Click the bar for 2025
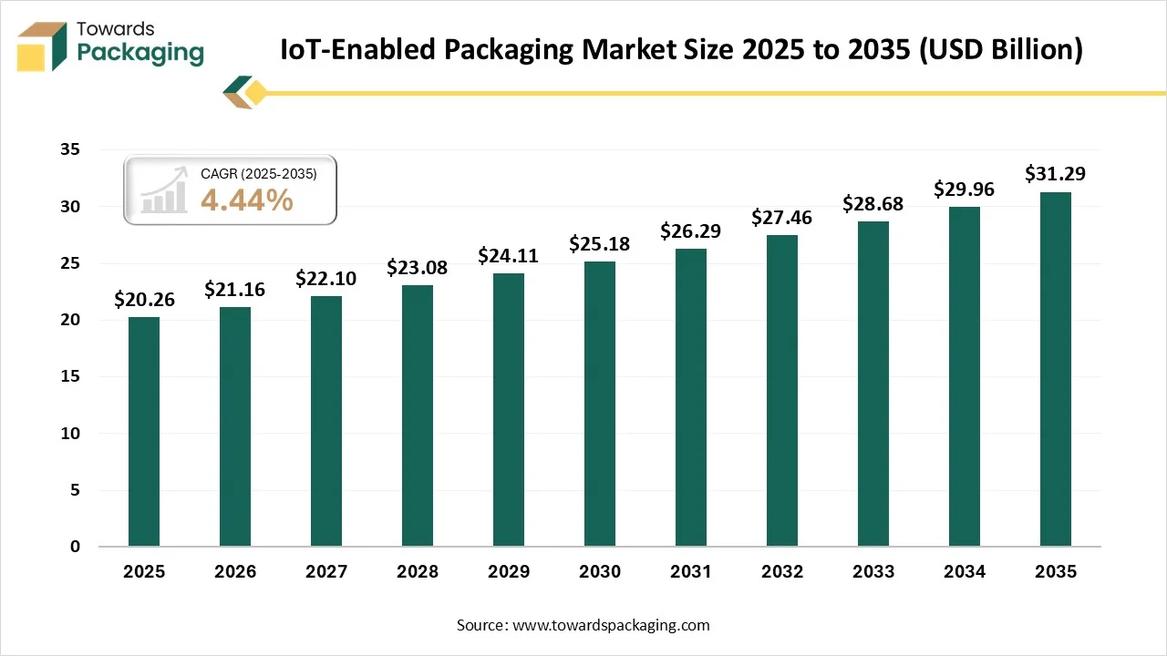(x=144, y=432)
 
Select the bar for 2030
(x=600, y=405)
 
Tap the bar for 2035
(x=1056, y=369)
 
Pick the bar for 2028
(x=418, y=415)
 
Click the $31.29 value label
(x=1055, y=173)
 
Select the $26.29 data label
(x=690, y=231)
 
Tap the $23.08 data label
(x=417, y=267)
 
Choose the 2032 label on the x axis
(x=782, y=572)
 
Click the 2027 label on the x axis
(x=326, y=572)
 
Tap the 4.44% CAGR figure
(x=246, y=200)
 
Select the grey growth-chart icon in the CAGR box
(x=164, y=191)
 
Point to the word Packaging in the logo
(x=140, y=53)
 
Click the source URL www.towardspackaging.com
(x=611, y=625)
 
